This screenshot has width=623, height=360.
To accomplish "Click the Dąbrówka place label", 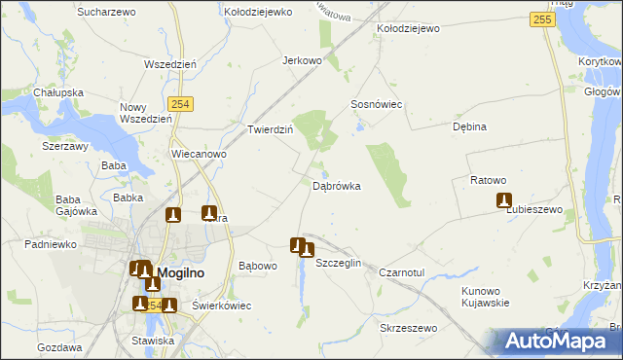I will [x=338, y=185].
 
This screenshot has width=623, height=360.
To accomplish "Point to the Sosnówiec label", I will [x=377, y=104].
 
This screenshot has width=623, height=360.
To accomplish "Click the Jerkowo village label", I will [x=302, y=60].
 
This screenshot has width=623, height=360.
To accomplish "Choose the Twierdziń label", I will [x=270, y=129].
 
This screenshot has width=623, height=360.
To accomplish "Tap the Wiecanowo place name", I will [x=199, y=154].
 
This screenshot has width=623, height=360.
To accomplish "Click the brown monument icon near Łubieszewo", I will [x=504, y=200].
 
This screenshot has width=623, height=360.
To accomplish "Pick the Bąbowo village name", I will [x=258, y=265].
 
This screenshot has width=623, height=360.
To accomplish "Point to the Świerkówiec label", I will [x=221, y=306].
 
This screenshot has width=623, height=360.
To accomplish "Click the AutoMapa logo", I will [x=558, y=341].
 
